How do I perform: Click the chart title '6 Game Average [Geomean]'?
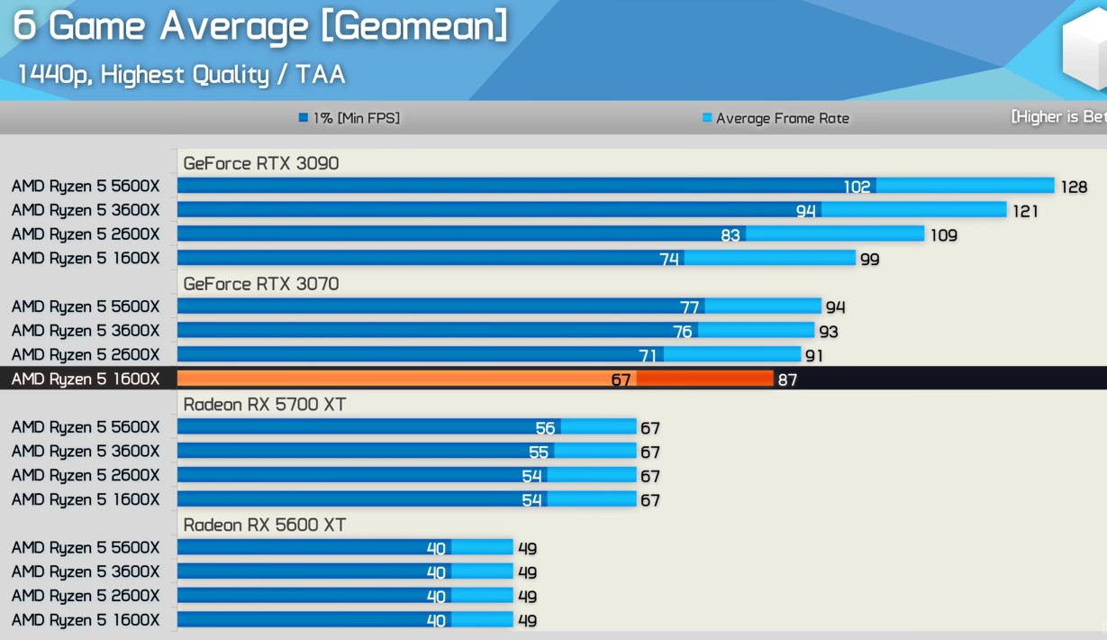[x=260, y=25]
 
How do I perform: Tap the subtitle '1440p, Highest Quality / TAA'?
[x=181, y=74]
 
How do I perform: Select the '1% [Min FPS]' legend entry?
[x=349, y=118]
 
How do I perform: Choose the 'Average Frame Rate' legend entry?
[x=776, y=118]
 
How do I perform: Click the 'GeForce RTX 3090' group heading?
[x=260, y=163]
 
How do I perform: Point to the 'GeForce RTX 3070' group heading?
[x=260, y=284]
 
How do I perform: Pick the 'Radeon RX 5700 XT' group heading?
[x=264, y=405]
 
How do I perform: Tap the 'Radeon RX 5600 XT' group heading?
[x=264, y=525]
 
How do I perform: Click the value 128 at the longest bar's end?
[x=1074, y=187]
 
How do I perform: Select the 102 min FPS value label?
[x=857, y=187]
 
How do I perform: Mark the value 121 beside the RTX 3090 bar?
[x=1025, y=211]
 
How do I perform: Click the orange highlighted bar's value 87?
[x=787, y=379]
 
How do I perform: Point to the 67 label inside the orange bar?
[x=621, y=379]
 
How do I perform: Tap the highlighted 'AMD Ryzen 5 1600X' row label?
[x=86, y=379]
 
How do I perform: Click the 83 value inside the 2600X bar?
[x=730, y=234]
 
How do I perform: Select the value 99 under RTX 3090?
[x=869, y=259]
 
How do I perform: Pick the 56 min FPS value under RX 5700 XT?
[x=545, y=428]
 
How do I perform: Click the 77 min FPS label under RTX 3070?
[x=689, y=307]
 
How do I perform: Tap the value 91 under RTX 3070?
[x=815, y=355]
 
